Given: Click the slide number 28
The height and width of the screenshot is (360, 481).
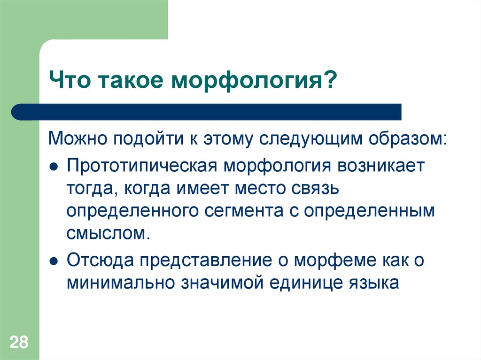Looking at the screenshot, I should pos(19,342).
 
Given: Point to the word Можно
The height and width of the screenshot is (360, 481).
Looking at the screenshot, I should pos(78,139).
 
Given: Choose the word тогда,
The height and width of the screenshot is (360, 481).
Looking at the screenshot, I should pos(91,189).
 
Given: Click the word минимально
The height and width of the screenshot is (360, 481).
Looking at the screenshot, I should pos(123,283).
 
